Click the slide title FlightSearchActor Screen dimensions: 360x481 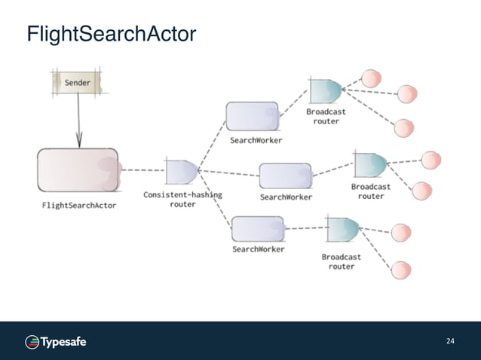(x=111, y=35)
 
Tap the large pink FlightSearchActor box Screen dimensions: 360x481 (x=78, y=170)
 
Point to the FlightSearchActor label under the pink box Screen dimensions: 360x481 (x=78, y=206)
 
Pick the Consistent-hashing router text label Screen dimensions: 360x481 (x=182, y=199)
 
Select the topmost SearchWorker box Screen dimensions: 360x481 (x=253, y=116)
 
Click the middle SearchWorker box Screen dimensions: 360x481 (x=285, y=175)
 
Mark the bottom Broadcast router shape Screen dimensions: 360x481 (x=342, y=230)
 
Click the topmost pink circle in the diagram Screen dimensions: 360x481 (x=371, y=78)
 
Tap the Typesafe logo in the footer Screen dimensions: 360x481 (x=57, y=342)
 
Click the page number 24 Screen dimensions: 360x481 (x=450, y=342)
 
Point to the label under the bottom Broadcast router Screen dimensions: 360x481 (x=342, y=261)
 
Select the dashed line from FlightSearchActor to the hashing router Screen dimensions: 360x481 (x=141, y=170)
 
